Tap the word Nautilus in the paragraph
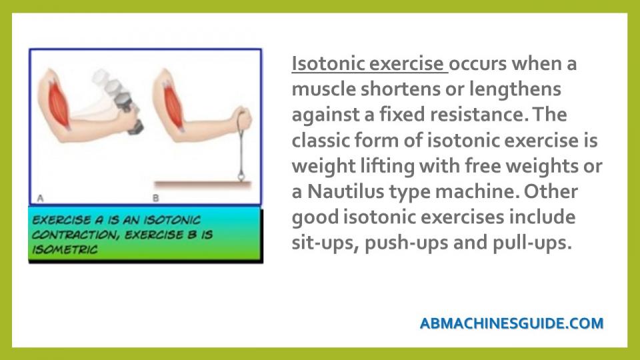click(x=345, y=191)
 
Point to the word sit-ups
click(x=325, y=243)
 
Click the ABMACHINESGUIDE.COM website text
click(x=511, y=323)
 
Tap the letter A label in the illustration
click(x=40, y=199)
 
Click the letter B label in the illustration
click(x=155, y=199)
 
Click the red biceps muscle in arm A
click(x=59, y=105)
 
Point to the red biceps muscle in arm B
click(x=173, y=106)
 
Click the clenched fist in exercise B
click(x=243, y=119)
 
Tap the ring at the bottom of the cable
click(x=241, y=176)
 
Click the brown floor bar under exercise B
click(x=203, y=184)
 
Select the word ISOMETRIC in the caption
click(x=65, y=249)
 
